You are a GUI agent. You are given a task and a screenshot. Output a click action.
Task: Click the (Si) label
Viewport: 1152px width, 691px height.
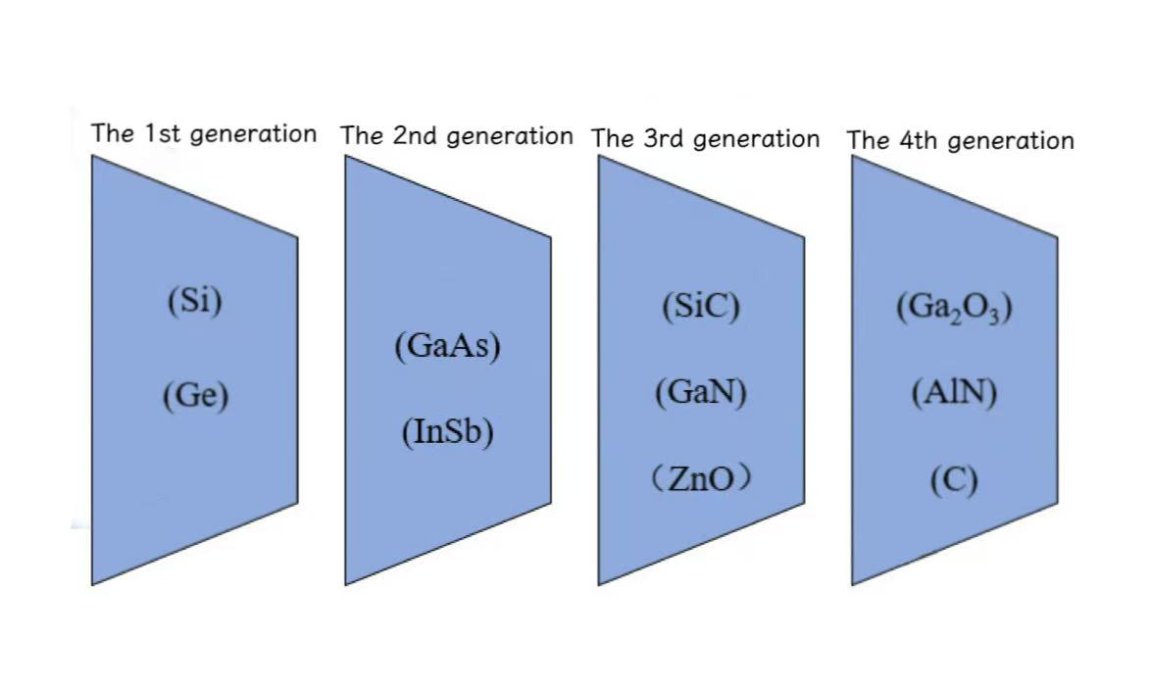tap(195, 301)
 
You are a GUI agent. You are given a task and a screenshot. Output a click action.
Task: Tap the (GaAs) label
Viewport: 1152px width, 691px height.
tap(447, 346)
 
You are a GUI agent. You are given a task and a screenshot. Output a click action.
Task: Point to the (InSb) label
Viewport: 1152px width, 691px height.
tap(447, 432)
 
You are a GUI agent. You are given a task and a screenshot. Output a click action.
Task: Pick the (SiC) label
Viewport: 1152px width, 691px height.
tap(701, 307)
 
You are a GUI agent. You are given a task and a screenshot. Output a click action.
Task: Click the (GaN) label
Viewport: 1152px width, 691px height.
tap(701, 392)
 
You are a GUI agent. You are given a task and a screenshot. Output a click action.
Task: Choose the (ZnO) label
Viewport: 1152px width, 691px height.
tap(701, 478)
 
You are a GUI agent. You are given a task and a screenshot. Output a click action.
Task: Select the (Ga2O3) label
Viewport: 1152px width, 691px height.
tap(954, 307)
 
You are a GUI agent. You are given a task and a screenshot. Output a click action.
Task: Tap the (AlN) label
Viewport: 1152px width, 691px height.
tap(954, 393)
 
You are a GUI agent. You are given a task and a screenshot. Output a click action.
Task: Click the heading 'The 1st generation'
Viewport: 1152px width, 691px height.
tap(204, 133)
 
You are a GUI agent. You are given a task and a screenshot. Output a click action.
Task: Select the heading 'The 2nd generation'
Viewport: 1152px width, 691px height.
tap(457, 136)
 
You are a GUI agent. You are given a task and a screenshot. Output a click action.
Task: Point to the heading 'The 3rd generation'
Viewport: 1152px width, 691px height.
tap(706, 139)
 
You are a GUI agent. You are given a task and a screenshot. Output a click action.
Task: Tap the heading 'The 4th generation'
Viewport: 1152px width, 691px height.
tap(961, 141)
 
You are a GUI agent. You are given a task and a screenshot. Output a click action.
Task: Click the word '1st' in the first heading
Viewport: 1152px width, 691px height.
tap(163, 133)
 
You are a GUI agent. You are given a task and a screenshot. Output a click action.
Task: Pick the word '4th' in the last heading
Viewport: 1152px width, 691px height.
tap(919, 140)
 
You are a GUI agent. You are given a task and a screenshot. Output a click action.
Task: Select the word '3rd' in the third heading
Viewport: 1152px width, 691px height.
tap(665, 139)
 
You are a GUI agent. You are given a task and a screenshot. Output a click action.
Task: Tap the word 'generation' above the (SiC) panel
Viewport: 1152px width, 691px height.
tap(756, 140)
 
